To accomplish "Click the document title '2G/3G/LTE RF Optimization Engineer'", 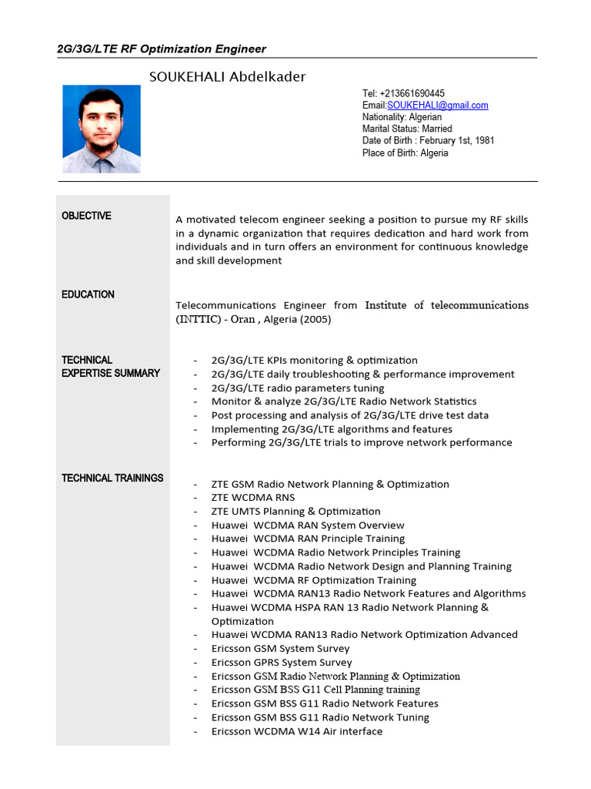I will point(162,49).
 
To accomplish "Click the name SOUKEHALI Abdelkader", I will point(227,76).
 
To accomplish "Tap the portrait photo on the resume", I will point(102,129).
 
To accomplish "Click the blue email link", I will point(437,105).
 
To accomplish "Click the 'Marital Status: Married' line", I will point(407,129).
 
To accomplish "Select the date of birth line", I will point(428,141).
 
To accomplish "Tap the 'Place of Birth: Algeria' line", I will point(405,153).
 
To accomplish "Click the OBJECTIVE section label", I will point(86,216).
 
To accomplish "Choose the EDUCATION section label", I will point(88,294).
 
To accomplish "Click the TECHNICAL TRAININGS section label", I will point(112,478).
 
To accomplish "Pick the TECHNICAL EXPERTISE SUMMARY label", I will point(111,366).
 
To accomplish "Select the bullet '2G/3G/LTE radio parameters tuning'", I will point(298,388).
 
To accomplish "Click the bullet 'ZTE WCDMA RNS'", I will point(253,498).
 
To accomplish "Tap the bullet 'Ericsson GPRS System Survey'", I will point(282,662).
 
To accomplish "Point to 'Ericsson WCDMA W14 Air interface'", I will point(296,731).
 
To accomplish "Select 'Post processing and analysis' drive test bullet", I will point(349,415).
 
